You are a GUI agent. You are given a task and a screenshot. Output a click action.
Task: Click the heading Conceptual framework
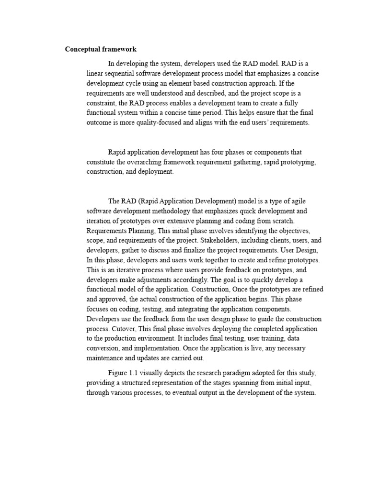click(x=101, y=49)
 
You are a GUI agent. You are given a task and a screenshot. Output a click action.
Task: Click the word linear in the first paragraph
click(x=95, y=73)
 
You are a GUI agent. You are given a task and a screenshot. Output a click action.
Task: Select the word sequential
click(x=123, y=73)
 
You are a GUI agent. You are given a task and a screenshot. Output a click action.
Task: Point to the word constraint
click(x=103, y=103)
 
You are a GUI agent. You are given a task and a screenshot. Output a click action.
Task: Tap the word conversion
click(x=104, y=348)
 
